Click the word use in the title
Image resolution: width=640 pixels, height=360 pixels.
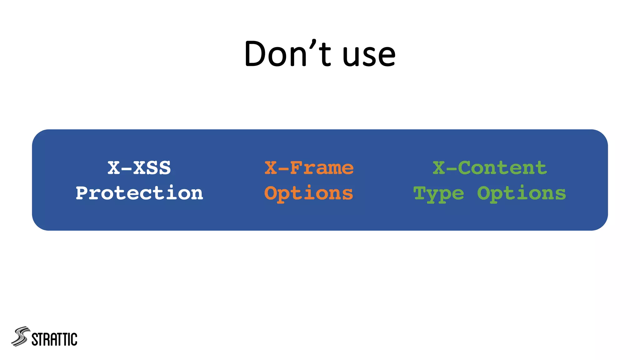369,55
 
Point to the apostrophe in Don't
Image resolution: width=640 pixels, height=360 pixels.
313,44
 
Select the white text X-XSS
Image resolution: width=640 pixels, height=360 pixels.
139,168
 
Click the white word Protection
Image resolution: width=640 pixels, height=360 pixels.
139,193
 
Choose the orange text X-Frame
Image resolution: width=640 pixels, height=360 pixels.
309,168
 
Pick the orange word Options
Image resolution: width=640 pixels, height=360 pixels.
309,193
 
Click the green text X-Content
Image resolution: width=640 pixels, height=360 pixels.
489,168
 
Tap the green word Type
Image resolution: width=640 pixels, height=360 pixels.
438,194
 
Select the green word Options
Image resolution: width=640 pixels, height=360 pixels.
521,193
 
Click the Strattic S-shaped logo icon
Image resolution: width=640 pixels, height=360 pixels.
21,337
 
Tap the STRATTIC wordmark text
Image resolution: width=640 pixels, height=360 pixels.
54,339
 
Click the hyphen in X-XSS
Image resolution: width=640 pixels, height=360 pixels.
127,169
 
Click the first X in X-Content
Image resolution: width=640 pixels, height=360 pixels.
439,168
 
